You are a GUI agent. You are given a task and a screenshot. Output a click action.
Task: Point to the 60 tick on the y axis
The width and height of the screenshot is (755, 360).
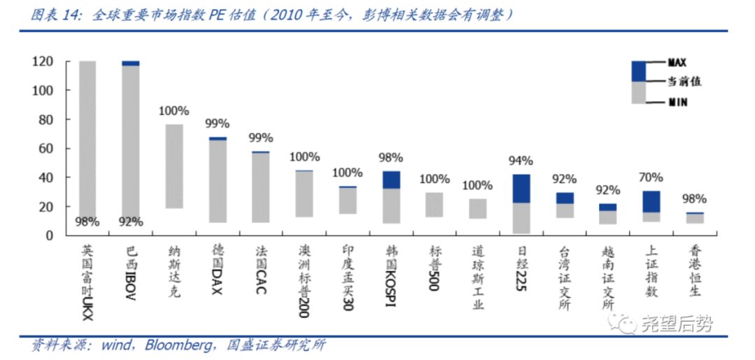(x=45, y=148)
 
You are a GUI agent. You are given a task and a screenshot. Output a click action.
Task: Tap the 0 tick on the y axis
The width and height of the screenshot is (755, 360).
(x=50, y=236)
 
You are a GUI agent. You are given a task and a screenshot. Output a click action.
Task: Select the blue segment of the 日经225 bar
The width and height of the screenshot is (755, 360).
(x=521, y=188)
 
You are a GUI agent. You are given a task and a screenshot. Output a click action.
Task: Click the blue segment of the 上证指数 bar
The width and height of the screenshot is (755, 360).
(x=651, y=201)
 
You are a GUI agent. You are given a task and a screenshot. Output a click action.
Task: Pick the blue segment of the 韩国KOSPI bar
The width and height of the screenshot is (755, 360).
(x=391, y=180)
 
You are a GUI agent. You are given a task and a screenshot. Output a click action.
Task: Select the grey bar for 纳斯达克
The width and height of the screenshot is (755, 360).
(x=174, y=166)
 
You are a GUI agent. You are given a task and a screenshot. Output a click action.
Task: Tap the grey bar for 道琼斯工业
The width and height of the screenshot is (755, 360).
(x=477, y=209)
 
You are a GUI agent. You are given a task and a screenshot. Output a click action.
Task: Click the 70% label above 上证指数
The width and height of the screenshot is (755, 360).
(x=651, y=178)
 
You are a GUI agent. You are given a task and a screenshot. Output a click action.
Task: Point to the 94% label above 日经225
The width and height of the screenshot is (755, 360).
(x=521, y=161)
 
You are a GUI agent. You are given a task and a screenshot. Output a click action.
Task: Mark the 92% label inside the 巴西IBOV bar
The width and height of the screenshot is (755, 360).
(x=131, y=222)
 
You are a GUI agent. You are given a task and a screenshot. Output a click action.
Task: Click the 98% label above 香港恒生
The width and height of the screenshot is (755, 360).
(x=694, y=199)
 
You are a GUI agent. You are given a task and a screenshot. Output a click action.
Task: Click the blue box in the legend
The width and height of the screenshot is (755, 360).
(x=639, y=71)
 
